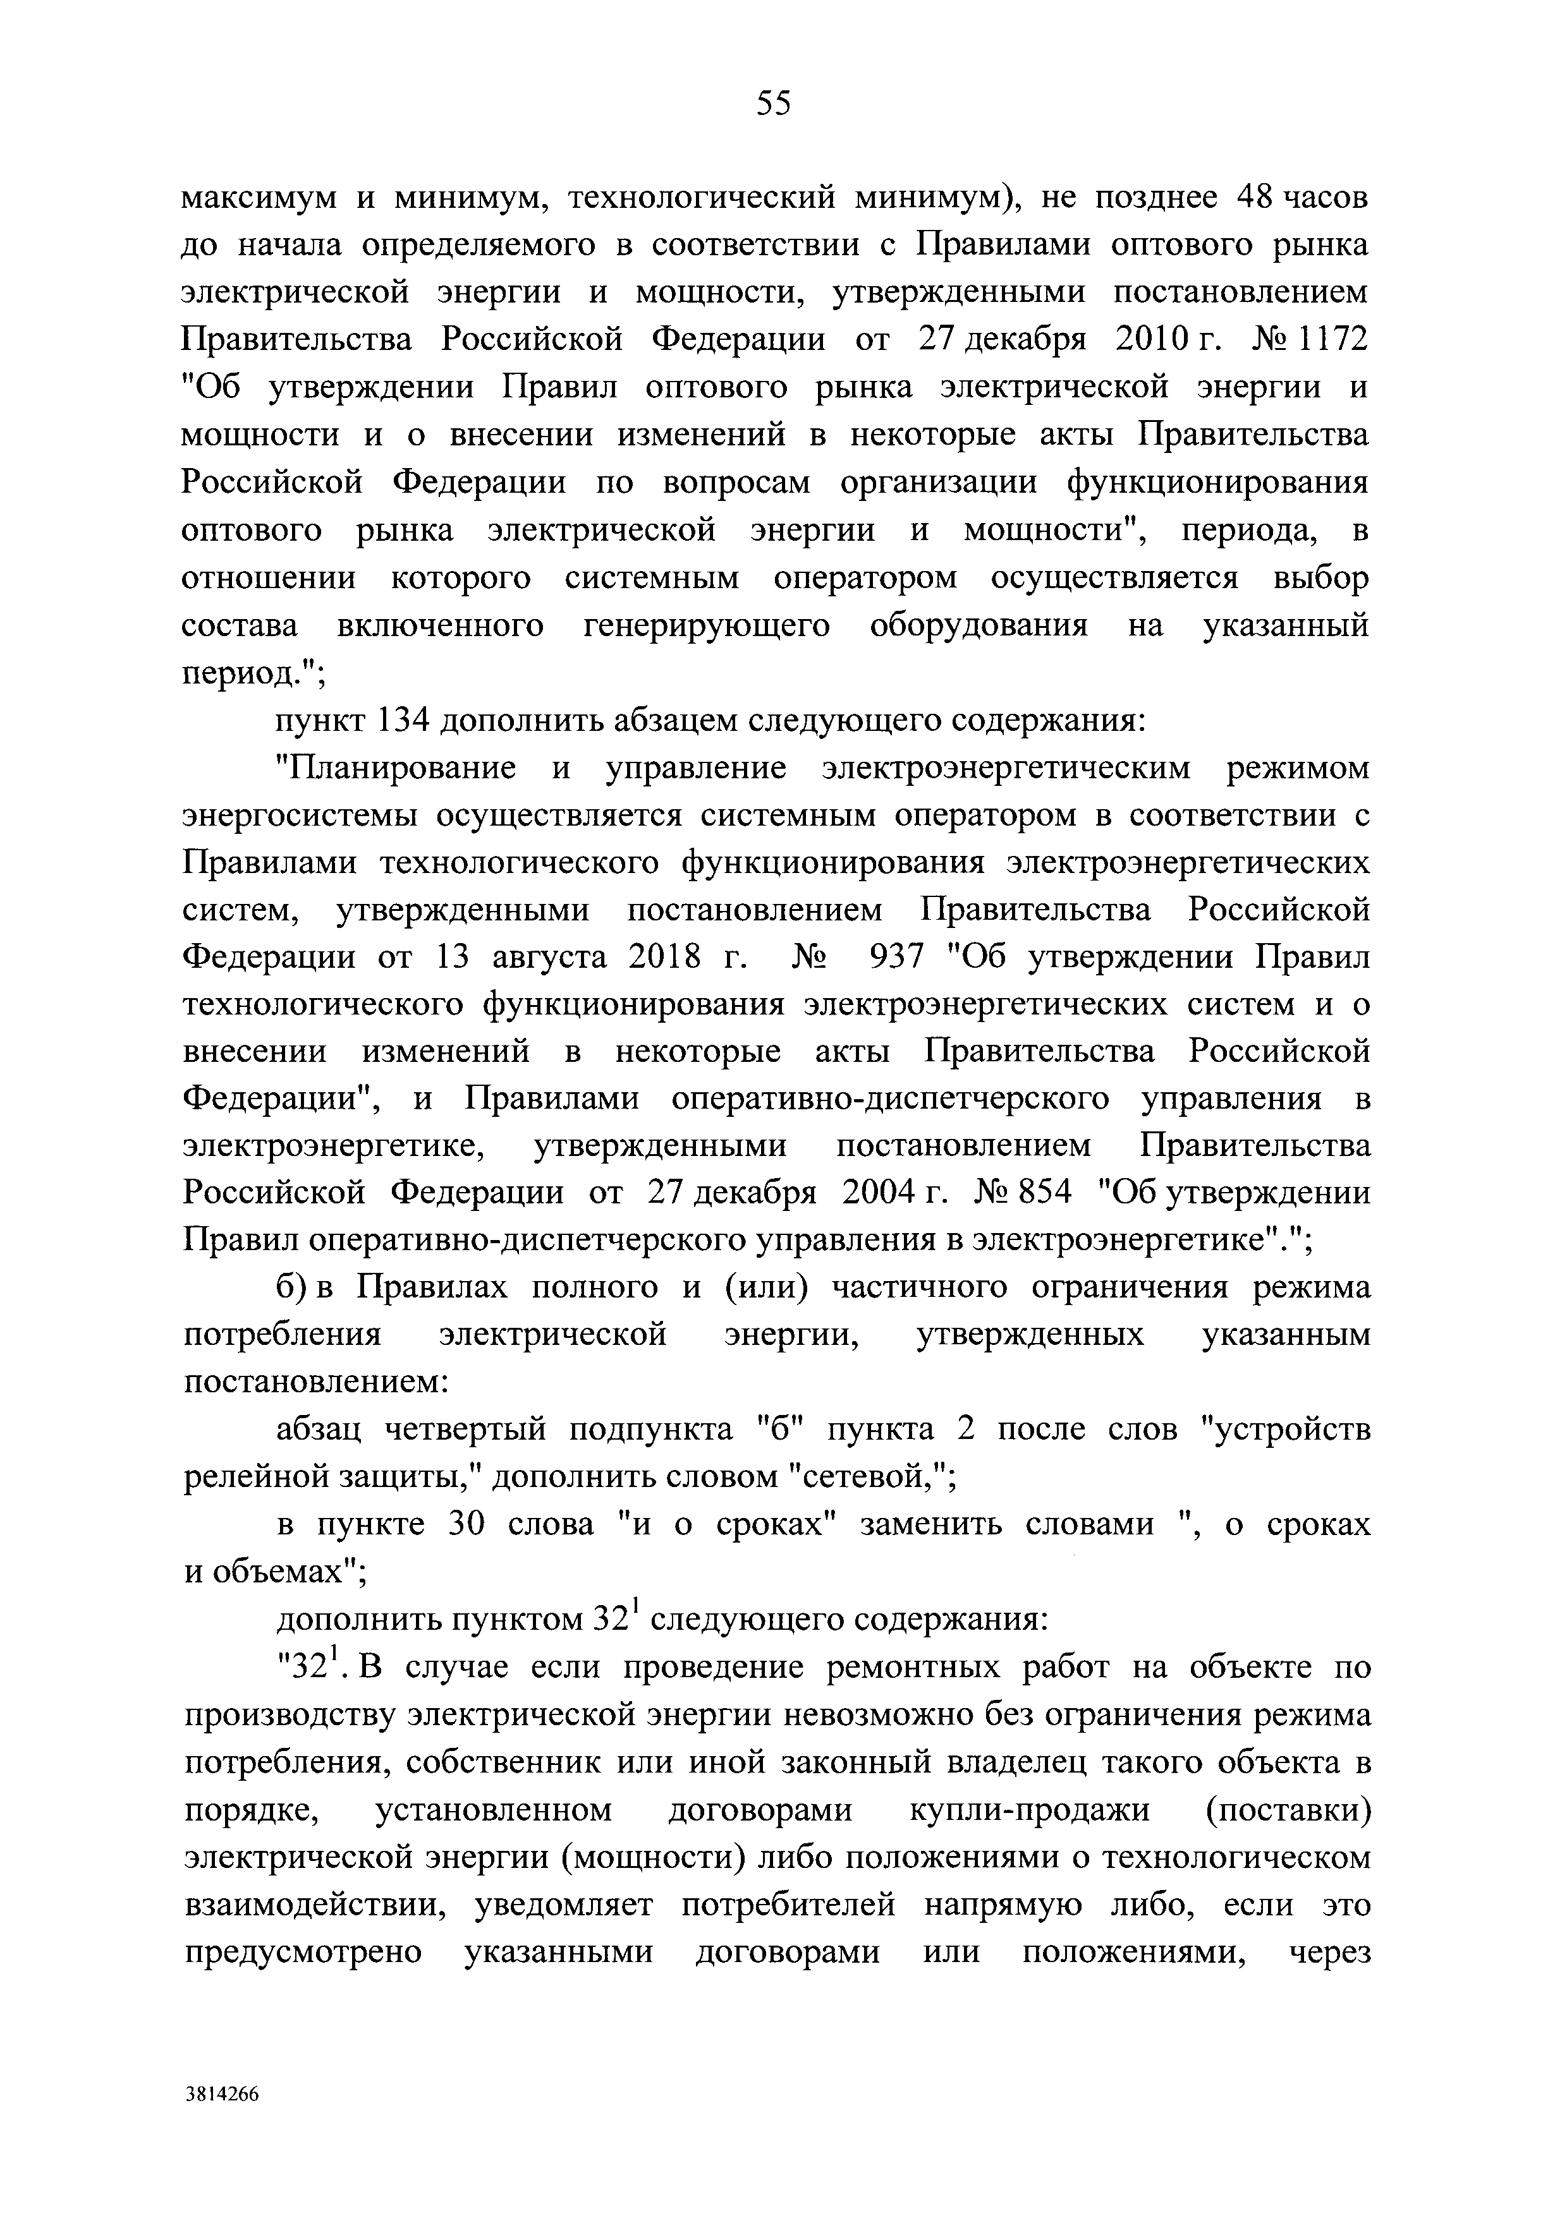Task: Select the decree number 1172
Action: point(1331,340)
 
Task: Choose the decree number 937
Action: point(897,958)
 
